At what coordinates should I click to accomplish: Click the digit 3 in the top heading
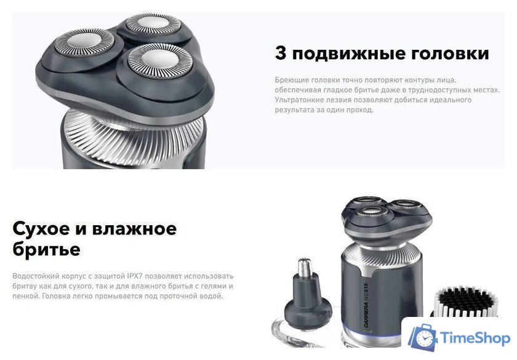(x=281, y=54)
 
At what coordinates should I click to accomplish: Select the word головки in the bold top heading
(x=449, y=54)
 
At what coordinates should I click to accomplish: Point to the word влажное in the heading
(x=134, y=229)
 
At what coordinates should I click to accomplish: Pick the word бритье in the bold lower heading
(x=46, y=250)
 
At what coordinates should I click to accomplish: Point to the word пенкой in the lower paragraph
(x=25, y=296)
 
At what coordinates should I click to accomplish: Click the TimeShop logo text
(x=475, y=338)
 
